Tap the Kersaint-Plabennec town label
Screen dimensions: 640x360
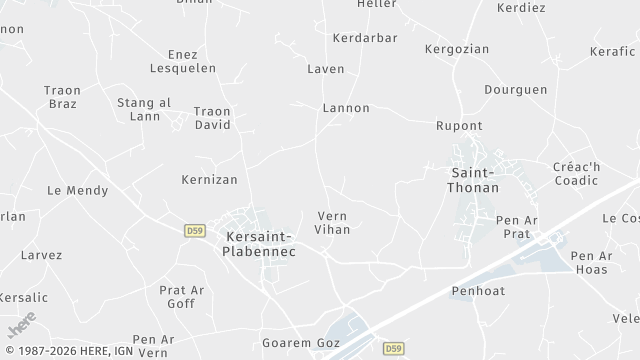coord(259,243)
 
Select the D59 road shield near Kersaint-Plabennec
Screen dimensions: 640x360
coord(195,230)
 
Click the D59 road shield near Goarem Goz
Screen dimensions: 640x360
coord(393,348)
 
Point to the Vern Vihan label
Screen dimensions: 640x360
coord(332,222)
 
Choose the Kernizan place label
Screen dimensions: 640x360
coord(210,180)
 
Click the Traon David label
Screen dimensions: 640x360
coord(212,118)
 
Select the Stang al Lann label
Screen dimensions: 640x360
coord(144,109)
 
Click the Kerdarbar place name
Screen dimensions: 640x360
coord(365,38)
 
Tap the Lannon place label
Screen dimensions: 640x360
coord(346,108)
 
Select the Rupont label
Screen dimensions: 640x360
coord(459,126)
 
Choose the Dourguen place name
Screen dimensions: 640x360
coord(516,89)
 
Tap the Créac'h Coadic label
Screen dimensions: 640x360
coord(576,173)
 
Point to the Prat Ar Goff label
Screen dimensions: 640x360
coord(182,297)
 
